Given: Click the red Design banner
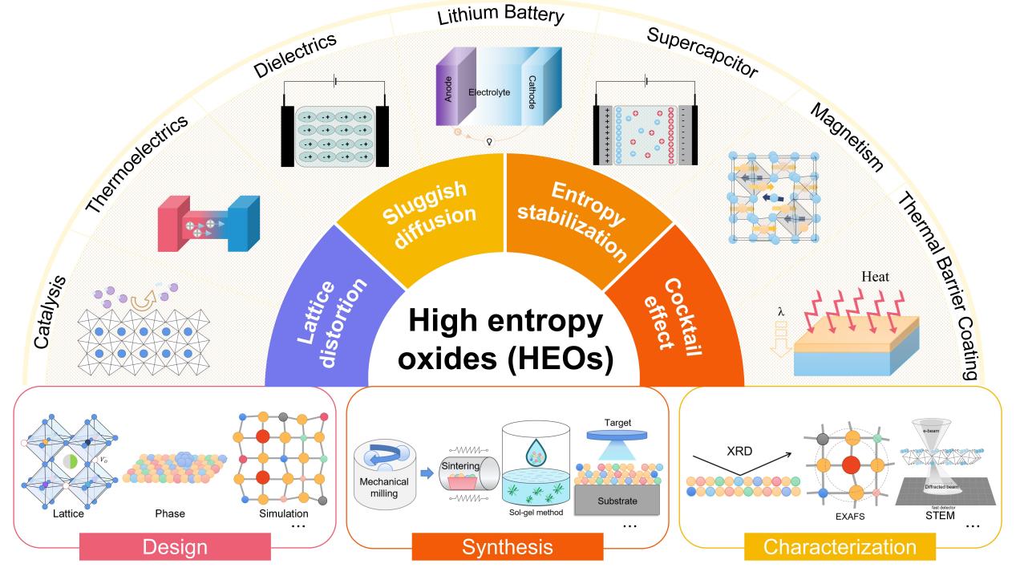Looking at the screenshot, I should coord(175,547).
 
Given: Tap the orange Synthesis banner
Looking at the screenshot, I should coord(507,547).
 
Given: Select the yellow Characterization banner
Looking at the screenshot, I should coord(839,547).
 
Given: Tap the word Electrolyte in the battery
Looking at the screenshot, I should coord(489,92).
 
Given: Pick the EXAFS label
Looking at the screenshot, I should coord(852,518).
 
